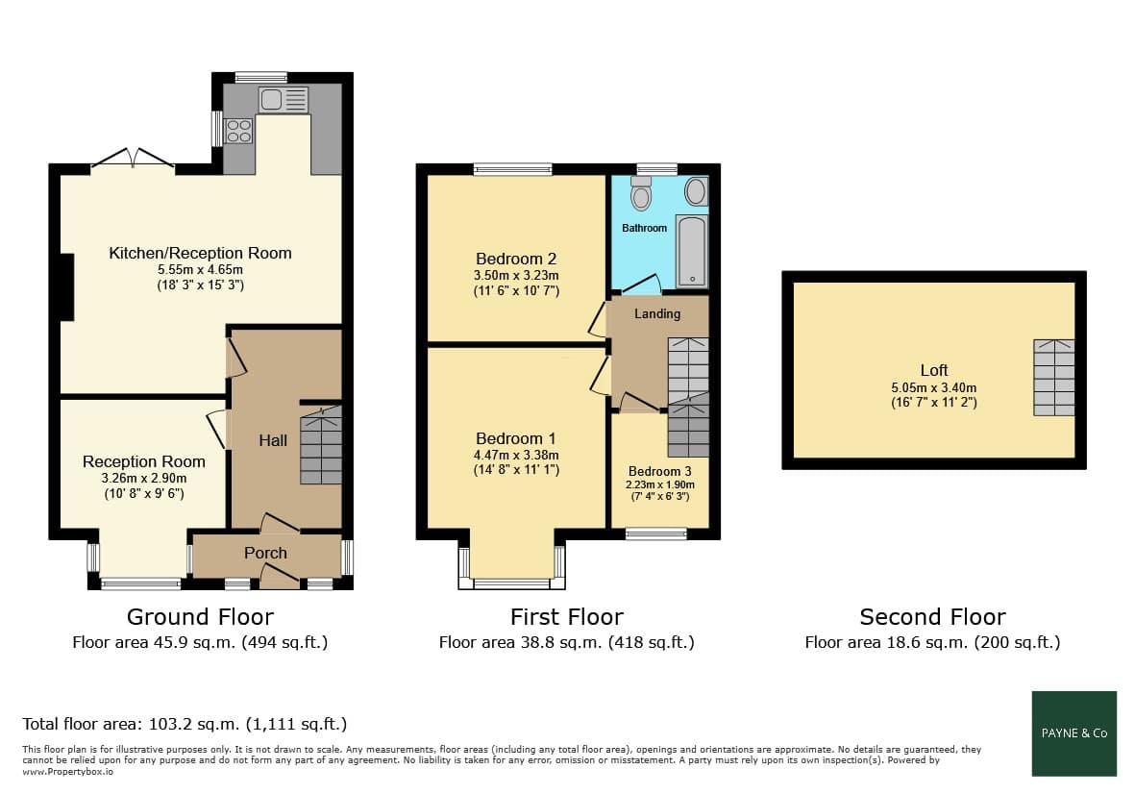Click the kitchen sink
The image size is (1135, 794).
[x=283, y=100]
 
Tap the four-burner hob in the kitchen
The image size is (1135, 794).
[x=239, y=131]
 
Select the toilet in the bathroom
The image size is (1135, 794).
[x=641, y=192]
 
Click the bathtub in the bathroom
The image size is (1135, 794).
[x=692, y=251]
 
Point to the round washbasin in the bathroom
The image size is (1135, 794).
[x=696, y=192]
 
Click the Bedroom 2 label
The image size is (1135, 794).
[x=516, y=259]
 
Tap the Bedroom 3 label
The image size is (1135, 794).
[x=659, y=471]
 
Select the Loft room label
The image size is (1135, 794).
[x=934, y=371]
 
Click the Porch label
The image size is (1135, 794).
[x=265, y=553]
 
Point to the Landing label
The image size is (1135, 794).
[x=657, y=313]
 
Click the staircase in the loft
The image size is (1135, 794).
[x=1053, y=377]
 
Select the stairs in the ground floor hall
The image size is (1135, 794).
[x=321, y=445]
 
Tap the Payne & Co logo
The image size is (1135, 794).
[x=1074, y=733]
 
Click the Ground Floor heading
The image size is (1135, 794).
[x=201, y=617]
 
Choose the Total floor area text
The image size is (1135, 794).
[x=185, y=724]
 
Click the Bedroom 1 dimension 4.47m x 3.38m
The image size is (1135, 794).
[x=516, y=456]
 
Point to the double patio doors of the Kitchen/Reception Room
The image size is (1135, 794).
[x=134, y=160]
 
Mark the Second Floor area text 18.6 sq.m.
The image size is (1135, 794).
[x=932, y=642]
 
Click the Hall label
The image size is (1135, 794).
[x=273, y=440]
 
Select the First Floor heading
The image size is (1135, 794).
[x=567, y=617]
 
